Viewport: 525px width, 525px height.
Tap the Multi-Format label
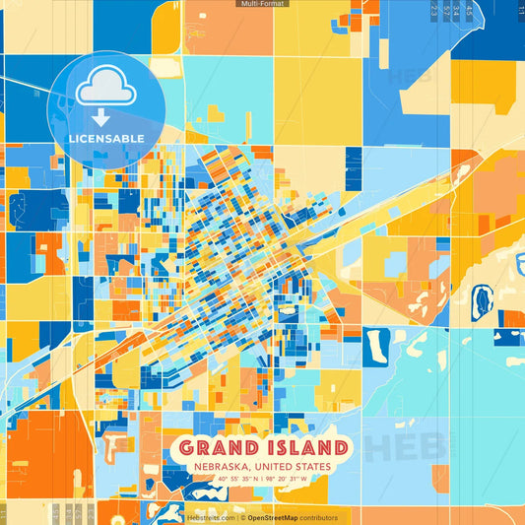[262, 4]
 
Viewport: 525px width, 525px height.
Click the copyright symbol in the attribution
[242, 517]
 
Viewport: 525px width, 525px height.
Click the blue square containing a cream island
[375, 346]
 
